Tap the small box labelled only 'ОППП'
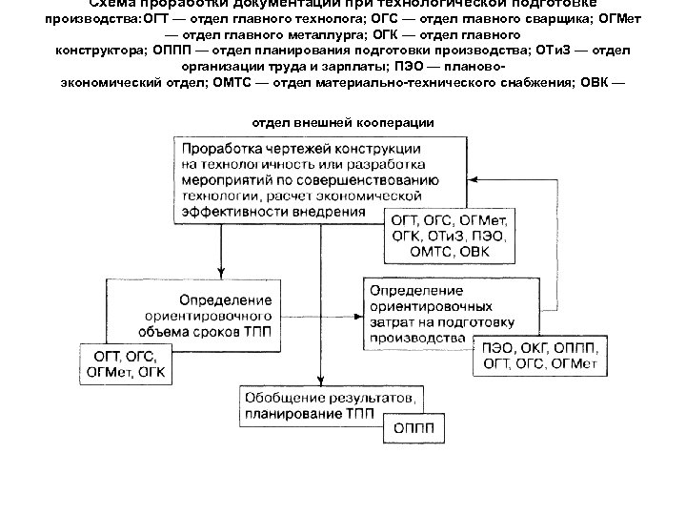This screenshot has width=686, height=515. [x=413, y=426]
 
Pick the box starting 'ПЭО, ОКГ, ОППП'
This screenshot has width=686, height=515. [x=539, y=355]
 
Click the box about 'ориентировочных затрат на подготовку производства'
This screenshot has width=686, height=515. [x=429, y=302]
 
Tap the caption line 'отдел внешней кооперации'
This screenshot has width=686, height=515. [x=343, y=122]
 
